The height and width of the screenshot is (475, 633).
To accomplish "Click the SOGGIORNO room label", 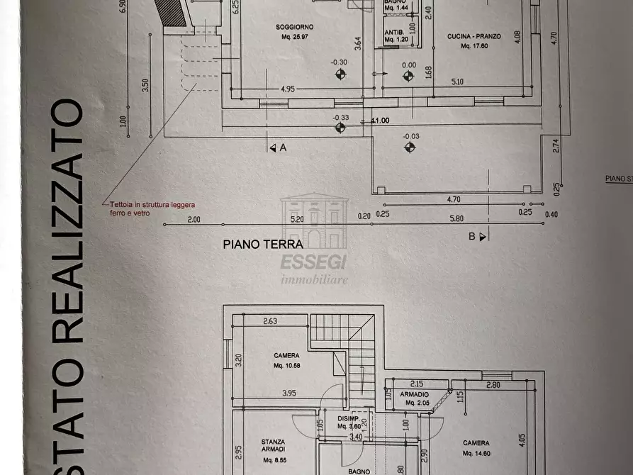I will pyautogui.click(x=295, y=27).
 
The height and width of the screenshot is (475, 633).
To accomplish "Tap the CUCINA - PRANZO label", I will pyautogui.click(x=475, y=36).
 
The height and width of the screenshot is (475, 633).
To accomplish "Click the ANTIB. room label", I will pyautogui.click(x=394, y=33).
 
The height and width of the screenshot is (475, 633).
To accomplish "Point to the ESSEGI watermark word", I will pyautogui.click(x=313, y=262).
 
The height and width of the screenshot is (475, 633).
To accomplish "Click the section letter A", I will pyautogui.click(x=283, y=147).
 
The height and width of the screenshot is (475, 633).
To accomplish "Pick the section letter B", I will pyautogui.click(x=471, y=237).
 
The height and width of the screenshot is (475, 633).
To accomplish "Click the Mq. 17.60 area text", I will pyautogui.click(x=474, y=46).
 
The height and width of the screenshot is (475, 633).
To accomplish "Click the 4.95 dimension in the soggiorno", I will pyautogui.click(x=288, y=89).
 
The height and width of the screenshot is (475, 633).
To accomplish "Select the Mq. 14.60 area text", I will pyautogui.click(x=476, y=452).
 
